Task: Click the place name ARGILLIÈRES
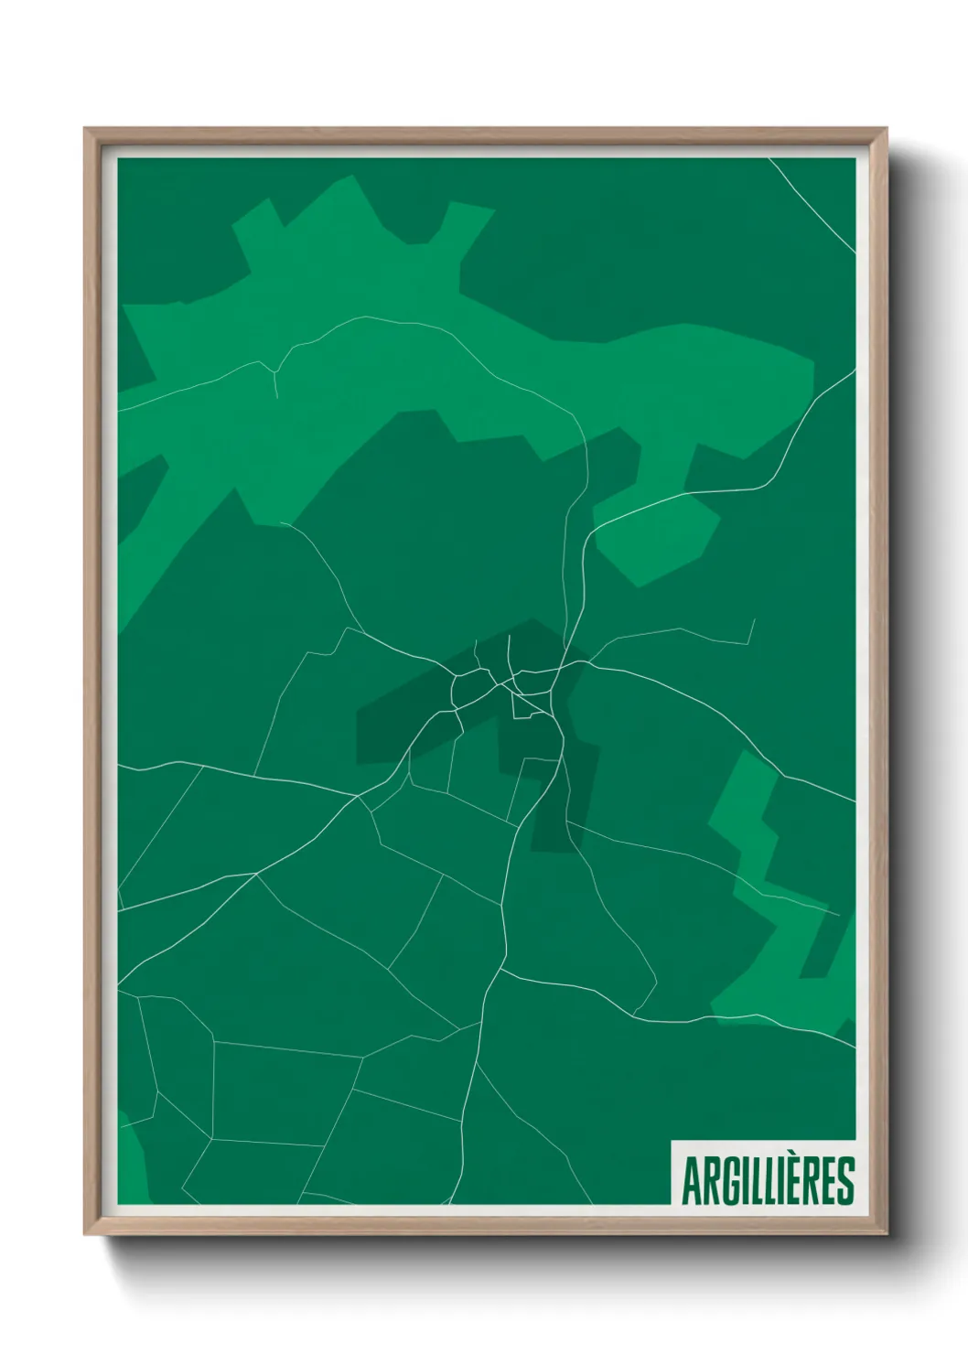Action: coord(767,1182)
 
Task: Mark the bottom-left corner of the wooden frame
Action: coord(86,1233)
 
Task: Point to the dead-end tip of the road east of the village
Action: coord(753,619)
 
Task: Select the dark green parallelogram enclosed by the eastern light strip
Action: coord(823,951)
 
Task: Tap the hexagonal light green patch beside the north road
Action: coord(654,540)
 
